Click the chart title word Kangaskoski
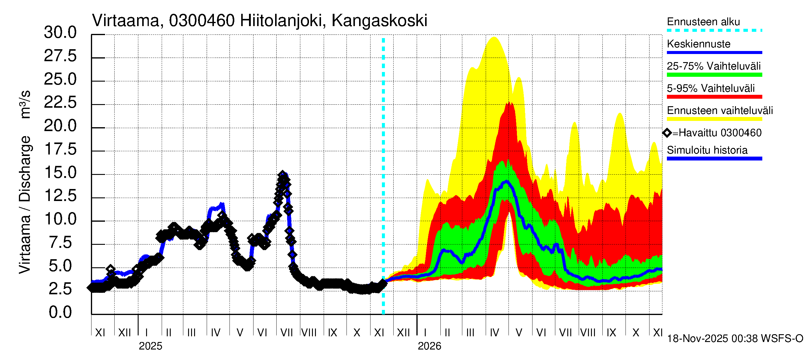point(379,21)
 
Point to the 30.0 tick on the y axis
point(60,33)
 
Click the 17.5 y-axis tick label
point(60,149)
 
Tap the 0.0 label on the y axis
point(60,312)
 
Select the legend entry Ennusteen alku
point(703,22)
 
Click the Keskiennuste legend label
point(698,44)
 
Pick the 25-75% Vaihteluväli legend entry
point(713,66)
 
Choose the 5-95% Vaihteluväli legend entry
point(710,88)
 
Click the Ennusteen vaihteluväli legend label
point(719,110)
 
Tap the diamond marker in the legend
point(667,133)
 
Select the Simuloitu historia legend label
point(707,150)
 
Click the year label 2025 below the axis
point(150,346)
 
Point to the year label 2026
point(429,346)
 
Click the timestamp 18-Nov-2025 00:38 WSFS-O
point(735,339)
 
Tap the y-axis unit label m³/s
point(25,104)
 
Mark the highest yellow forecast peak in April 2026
point(494,37)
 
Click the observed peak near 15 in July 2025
point(282,174)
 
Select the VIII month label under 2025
point(309,333)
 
